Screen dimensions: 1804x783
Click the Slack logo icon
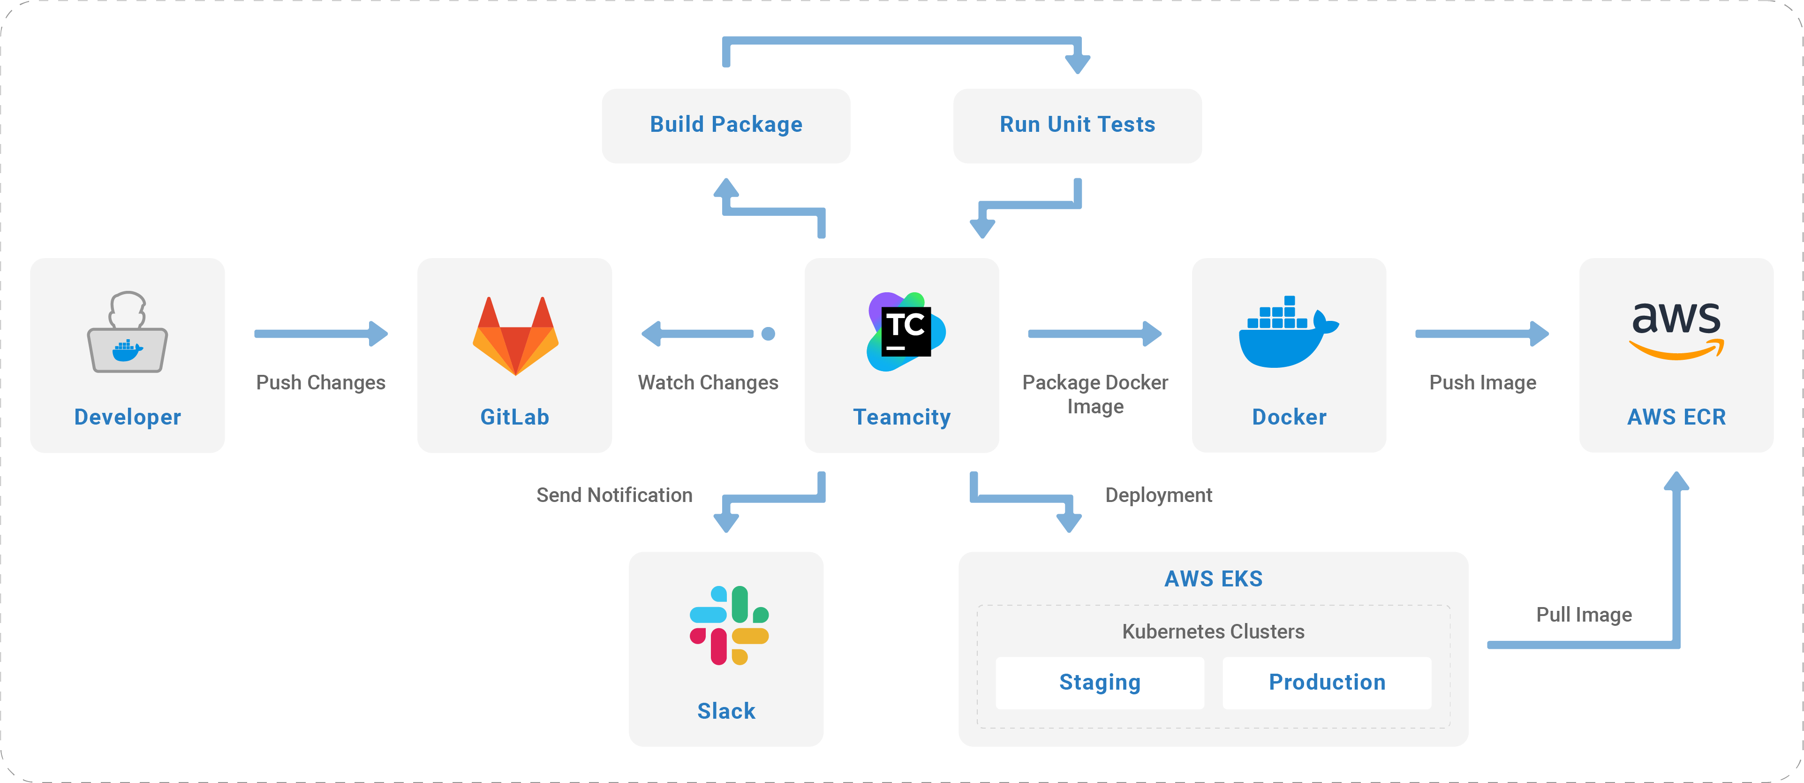pos(729,625)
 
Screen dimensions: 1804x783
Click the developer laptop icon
pos(128,332)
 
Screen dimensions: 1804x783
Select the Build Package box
pos(726,126)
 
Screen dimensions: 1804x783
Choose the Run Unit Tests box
pos(1077,126)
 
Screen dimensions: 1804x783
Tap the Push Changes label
pos(321,382)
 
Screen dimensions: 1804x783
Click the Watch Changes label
pos(708,382)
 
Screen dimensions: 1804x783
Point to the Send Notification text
pos(614,495)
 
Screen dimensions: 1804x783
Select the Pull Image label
pos(1584,615)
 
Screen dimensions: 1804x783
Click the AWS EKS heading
pos(1214,579)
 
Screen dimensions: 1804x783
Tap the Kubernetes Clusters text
pos(1214,632)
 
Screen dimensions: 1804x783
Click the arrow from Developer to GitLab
pos(321,334)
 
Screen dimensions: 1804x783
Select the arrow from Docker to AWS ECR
pos(1482,334)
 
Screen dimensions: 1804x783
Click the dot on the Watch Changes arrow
pos(768,334)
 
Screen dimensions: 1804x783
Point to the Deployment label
pos(1158,495)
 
